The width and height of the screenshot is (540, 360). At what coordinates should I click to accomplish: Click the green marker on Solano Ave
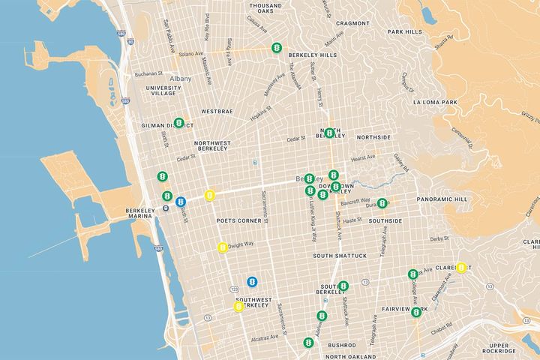277,48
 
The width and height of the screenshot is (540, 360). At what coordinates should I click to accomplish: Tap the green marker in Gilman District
178,123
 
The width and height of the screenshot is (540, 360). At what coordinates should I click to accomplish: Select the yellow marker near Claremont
462,268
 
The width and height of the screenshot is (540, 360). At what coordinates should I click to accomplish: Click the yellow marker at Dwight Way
223,247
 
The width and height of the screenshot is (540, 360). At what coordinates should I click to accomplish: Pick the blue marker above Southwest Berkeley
253,281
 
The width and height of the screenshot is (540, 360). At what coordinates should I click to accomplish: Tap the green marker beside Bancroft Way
382,202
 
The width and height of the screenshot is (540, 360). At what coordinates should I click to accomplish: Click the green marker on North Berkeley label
329,133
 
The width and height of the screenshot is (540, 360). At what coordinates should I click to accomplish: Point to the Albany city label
181,79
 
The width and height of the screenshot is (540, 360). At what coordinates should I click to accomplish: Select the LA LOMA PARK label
435,101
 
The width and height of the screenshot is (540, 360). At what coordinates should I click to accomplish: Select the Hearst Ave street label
364,157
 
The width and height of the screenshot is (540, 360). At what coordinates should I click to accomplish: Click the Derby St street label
439,239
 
